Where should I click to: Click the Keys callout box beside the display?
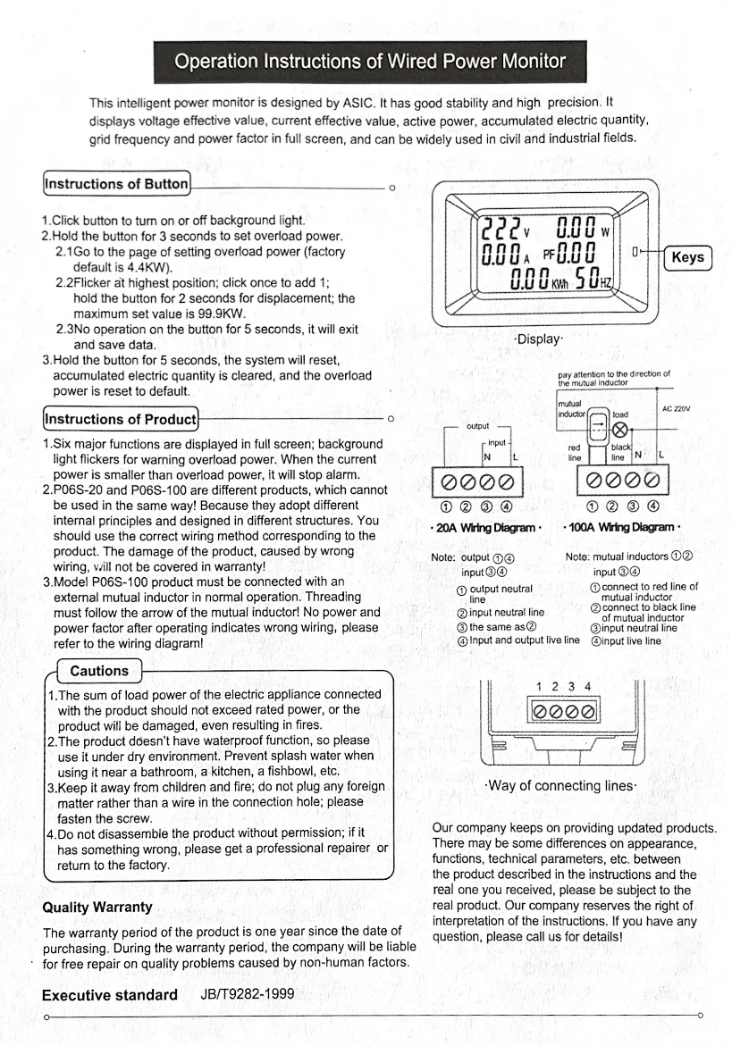click(x=687, y=257)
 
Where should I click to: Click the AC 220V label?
click(x=676, y=410)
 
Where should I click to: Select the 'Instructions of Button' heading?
click(x=116, y=184)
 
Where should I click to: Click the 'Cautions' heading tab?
click(x=98, y=671)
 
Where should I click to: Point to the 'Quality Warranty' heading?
click(x=97, y=908)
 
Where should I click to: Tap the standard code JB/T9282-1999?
click(x=240, y=995)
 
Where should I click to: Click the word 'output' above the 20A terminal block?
click(x=478, y=426)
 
